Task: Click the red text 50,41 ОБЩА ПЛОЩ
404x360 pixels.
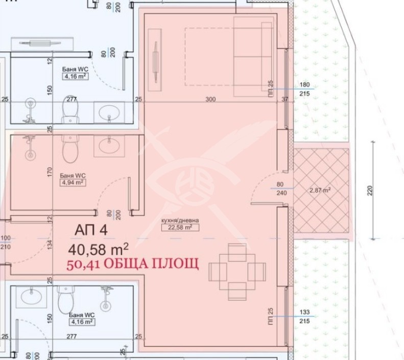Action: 132,264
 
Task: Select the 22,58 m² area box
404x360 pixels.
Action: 177,228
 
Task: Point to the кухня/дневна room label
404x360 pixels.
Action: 179,221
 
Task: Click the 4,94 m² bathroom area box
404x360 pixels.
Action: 72,182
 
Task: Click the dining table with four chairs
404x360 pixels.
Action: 237,272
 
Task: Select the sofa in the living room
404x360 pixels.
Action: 253,56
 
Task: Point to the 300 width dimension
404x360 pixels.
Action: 210,100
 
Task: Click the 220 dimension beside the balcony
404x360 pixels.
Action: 370,190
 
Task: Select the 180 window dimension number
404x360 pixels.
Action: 305,85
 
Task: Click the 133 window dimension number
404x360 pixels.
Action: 304,312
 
